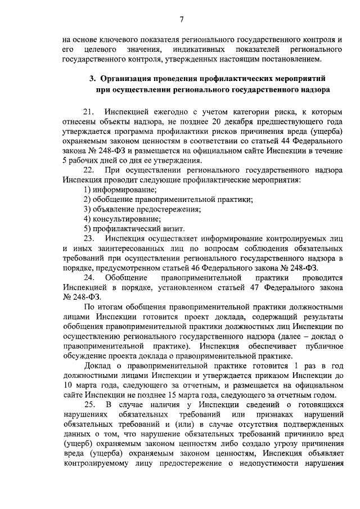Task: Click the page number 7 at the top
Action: [x=182, y=20]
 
